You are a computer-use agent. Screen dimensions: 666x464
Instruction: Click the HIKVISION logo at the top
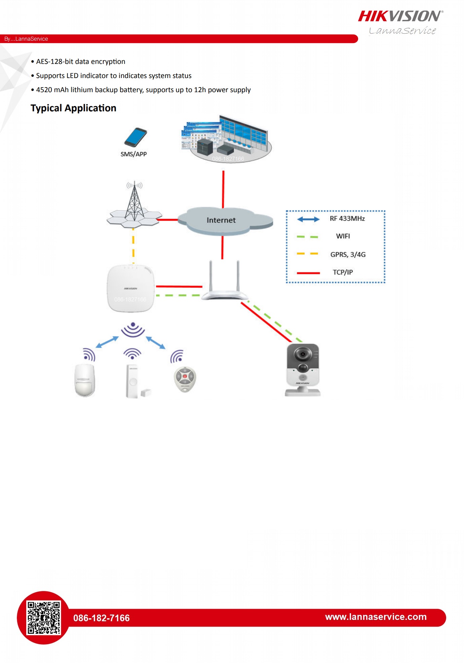(400, 16)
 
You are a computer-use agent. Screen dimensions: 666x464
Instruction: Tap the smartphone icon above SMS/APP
(135, 137)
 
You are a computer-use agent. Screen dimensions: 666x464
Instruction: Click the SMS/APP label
(133, 154)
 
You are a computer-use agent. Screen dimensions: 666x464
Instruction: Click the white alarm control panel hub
(130, 289)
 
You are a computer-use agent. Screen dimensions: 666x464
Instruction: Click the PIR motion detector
(84, 380)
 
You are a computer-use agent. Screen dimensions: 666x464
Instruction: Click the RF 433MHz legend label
(347, 219)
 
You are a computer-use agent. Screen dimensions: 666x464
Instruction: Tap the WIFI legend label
(343, 236)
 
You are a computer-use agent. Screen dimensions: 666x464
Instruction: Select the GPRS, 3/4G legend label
(348, 255)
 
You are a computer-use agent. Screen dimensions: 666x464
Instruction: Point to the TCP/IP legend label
(343, 272)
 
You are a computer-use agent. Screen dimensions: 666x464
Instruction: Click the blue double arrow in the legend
(308, 219)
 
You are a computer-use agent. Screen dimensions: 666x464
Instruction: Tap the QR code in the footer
(44, 618)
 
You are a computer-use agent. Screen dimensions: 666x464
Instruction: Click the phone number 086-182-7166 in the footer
(101, 618)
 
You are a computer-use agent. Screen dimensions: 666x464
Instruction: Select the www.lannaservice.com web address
(376, 617)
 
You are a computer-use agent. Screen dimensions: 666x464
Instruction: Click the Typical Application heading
(73, 108)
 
